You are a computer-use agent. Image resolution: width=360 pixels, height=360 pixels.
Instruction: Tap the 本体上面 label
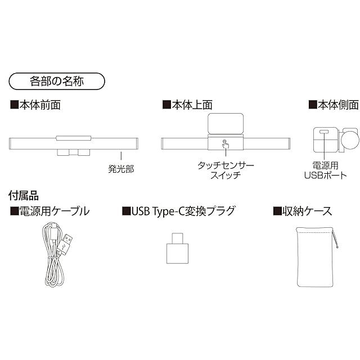(x=187, y=105)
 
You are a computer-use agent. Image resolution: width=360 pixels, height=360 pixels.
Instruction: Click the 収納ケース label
(x=302, y=211)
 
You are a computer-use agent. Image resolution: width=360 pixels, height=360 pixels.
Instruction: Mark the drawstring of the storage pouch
(x=336, y=239)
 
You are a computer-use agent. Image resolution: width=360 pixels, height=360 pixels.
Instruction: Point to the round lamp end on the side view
(x=350, y=139)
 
